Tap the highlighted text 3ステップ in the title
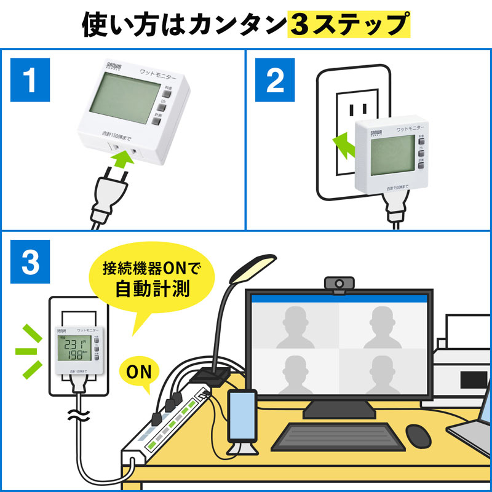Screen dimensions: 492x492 click(x=349, y=25)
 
